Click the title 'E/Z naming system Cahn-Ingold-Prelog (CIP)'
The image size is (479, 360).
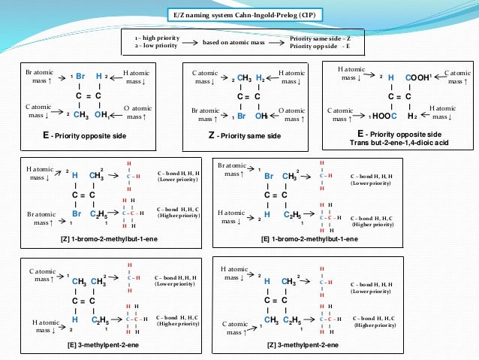[x=240, y=14]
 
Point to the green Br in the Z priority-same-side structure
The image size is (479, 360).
[x=243, y=116]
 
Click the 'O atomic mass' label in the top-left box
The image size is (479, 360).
[x=137, y=113]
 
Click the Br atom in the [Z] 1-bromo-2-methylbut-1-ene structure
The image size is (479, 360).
[x=77, y=213]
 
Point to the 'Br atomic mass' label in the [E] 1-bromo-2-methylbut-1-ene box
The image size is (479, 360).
[x=230, y=169]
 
